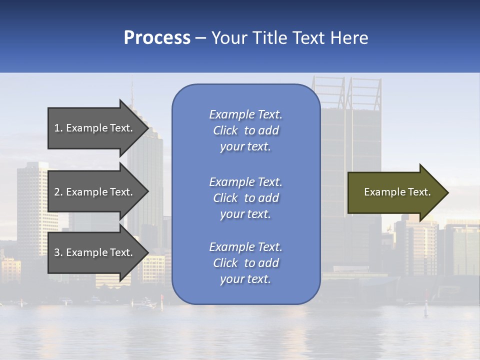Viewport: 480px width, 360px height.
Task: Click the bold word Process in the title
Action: pos(157,38)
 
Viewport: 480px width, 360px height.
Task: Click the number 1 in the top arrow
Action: pos(57,128)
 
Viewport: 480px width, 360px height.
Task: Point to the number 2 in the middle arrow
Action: pos(57,192)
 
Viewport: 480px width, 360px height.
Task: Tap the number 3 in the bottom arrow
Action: pos(57,252)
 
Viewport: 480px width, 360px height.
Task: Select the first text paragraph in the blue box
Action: pos(245,130)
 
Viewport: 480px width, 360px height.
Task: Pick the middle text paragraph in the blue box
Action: pos(245,198)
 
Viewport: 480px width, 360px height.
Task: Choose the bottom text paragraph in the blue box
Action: pos(245,263)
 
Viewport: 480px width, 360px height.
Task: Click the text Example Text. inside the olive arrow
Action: pos(397,192)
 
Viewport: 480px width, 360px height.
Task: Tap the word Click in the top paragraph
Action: pos(225,131)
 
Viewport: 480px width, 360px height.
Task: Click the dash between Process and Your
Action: pos(201,38)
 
